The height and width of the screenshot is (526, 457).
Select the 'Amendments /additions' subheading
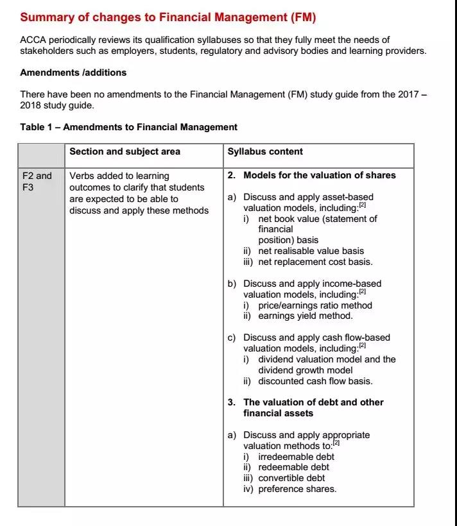coord(73,72)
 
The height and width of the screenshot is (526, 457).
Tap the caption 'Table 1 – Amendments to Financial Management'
coord(128,127)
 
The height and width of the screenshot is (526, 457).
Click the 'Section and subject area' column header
coord(125,152)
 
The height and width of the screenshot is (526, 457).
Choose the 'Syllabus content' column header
coord(265,152)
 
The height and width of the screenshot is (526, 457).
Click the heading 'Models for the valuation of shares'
coord(319,175)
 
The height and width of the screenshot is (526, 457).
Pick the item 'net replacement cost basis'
coord(315,262)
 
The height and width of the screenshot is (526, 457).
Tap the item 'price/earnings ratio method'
coord(315,305)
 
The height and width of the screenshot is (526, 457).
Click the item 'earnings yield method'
coord(305,316)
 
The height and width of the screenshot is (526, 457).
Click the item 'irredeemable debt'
coord(296,457)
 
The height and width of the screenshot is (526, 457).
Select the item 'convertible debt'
coord(291,478)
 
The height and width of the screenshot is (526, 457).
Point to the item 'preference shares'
coord(297,489)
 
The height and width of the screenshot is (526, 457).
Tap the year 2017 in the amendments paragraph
coord(407,94)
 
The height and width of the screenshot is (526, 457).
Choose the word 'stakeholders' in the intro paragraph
coord(46,51)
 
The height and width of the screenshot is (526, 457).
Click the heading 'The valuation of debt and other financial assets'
coord(313,407)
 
